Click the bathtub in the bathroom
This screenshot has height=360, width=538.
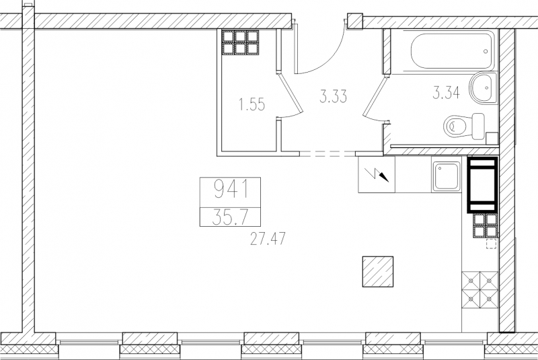coord(453,52)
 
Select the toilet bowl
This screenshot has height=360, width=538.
coord(464,127)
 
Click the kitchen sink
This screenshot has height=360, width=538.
coord(447,176)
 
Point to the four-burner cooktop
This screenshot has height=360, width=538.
coord(479,291)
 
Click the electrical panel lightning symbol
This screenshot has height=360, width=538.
coord(379,174)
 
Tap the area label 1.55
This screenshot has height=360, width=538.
coord(252,104)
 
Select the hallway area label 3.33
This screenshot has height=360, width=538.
coord(333,96)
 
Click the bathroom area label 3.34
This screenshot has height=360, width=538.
coord(446,93)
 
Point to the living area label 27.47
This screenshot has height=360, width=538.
coord(268,238)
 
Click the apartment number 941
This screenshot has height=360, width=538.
coord(231,190)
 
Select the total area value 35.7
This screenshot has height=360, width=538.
coord(229,217)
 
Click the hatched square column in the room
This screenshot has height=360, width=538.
coord(378,271)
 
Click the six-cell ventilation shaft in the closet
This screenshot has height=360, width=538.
coord(240,42)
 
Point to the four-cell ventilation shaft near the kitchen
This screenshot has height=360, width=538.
coord(486,225)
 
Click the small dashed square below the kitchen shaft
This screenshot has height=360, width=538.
coord(492,244)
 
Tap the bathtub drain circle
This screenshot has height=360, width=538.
coord(486,52)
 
